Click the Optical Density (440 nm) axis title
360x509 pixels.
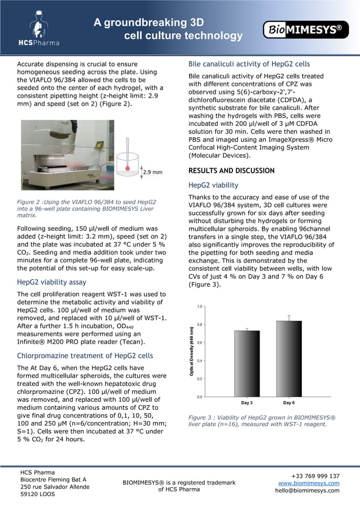tap(191, 351)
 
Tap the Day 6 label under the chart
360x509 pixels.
tap(289, 403)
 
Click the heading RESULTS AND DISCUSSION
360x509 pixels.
tap(231, 171)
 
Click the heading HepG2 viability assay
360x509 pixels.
tap(51, 282)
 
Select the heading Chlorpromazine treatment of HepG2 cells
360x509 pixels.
tap(85, 356)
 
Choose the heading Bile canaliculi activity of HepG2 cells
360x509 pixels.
tap(249, 64)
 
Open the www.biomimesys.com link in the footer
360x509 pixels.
tap(309, 483)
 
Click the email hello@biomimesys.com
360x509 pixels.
tap(307, 490)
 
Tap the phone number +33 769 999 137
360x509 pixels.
tap(315, 476)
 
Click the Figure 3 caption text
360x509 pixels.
tap(262, 421)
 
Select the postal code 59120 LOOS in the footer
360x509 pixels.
tap(38, 494)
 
